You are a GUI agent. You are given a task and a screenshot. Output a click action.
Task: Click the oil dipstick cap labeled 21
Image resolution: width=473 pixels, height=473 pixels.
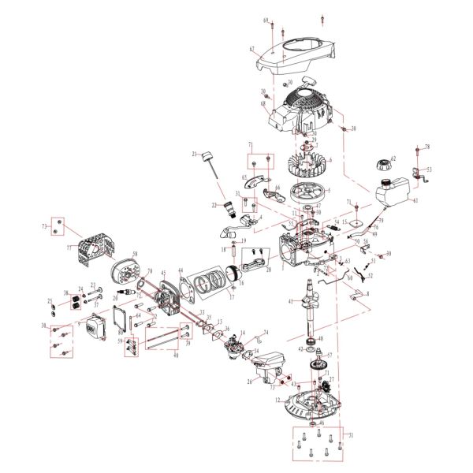(x=209, y=153)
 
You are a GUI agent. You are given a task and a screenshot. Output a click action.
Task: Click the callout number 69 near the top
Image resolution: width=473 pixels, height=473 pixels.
(x=266, y=19)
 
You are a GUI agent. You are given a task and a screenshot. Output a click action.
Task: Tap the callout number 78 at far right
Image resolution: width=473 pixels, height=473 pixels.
(x=426, y=147)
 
